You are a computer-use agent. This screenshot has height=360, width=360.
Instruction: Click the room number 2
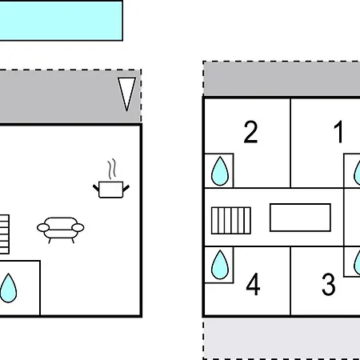250,132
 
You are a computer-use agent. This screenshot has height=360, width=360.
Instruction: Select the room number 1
338,132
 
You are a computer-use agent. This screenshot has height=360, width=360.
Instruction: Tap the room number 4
253,284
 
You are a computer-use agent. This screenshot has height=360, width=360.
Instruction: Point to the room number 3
328,284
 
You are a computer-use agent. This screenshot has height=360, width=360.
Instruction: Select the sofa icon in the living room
61,230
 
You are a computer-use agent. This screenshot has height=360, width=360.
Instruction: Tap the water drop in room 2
220,171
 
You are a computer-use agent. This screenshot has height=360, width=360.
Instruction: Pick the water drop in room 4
220,265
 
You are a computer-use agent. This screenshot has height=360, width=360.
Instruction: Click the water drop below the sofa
8,288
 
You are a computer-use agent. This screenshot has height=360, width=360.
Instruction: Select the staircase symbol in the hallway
231,221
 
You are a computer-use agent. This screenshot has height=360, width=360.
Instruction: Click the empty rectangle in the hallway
300,218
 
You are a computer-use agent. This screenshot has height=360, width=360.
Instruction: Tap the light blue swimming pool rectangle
61,21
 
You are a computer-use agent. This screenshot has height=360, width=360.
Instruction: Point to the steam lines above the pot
112,169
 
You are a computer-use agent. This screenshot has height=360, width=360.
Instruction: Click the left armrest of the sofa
43,228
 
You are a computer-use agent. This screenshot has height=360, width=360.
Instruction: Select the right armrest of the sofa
78,228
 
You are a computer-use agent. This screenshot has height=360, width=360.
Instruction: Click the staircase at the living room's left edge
5,234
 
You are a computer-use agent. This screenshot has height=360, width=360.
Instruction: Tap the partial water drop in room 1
357,172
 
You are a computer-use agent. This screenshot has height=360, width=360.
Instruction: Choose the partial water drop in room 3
357,262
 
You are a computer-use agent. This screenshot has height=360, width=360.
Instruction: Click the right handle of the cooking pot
126,188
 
